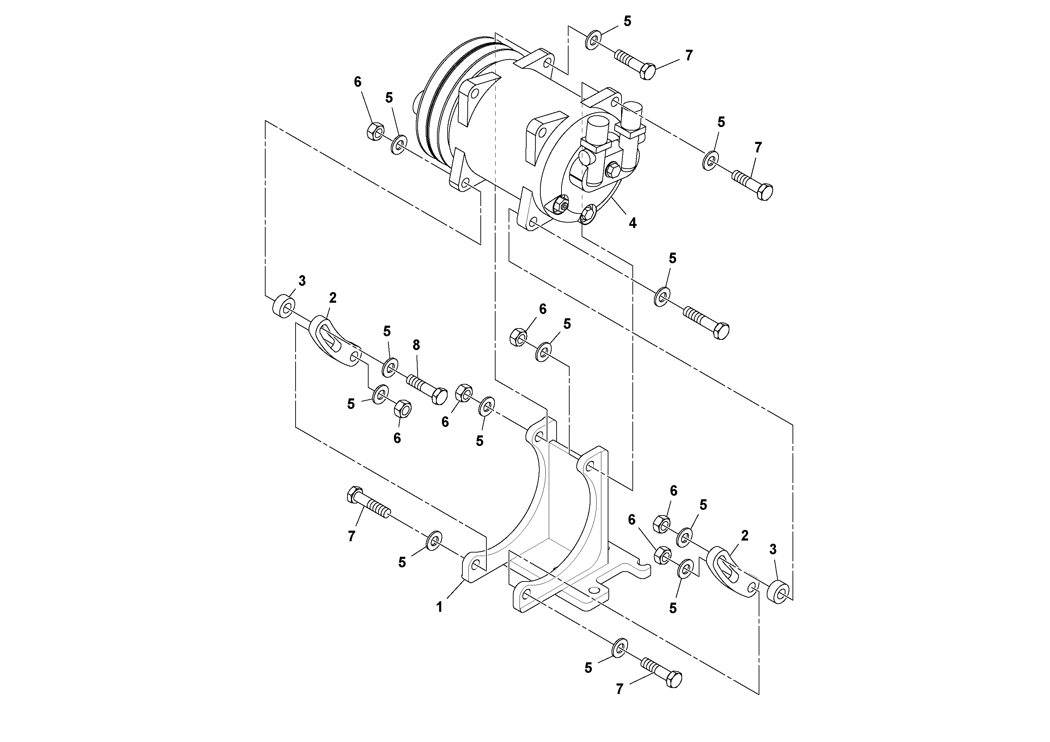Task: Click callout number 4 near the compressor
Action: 632,223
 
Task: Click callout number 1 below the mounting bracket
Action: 439,608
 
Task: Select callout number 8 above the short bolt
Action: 416,345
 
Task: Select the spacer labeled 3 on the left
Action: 284,306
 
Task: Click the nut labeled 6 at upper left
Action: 375,132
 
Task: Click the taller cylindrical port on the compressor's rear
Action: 596,131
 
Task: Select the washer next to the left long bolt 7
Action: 433,540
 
